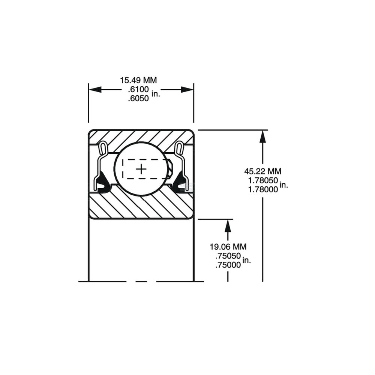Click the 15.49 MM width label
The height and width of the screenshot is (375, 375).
pos(138,80)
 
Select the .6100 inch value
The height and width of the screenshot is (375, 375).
pos(138,90)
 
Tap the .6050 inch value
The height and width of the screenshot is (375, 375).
pos(138,98)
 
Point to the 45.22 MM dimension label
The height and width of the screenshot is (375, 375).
pos(262,171)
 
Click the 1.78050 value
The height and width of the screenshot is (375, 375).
pos(263,180)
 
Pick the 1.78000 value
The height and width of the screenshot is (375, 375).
pos(263,189)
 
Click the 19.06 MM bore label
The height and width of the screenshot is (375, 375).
pos(228,247)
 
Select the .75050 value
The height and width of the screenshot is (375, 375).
pos(228,256)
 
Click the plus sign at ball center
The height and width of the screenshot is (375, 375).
pos(141,169)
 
